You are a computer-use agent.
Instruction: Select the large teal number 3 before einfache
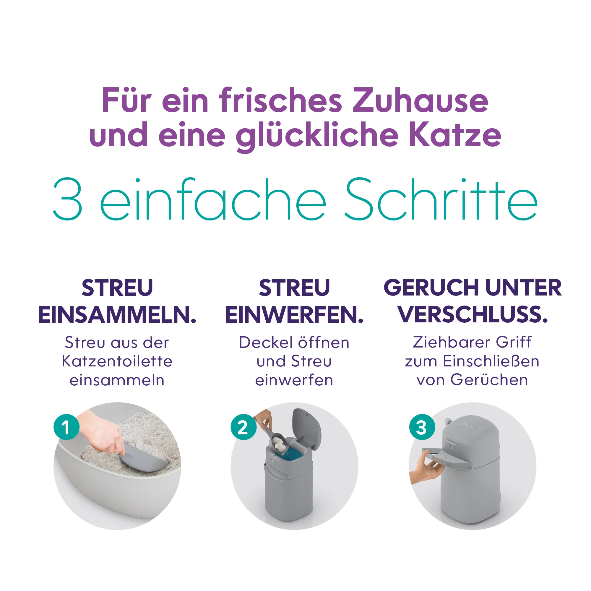pos(68,199)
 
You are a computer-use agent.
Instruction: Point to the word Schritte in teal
pos(441,199)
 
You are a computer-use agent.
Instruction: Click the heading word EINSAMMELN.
pos(117,315)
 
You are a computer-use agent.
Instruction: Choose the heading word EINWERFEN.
pos(294,315)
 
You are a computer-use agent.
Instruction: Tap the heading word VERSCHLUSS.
pos(473,315)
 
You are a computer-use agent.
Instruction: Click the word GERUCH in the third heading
pos(431,288)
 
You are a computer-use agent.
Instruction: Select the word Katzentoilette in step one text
pos(117,361)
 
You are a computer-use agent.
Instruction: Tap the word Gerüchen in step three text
pos(489,380)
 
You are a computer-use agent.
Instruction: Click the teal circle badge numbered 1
pos(66,427)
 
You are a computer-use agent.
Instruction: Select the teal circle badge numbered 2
pos(243,427)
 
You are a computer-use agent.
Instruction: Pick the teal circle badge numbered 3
pos(422,427)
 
